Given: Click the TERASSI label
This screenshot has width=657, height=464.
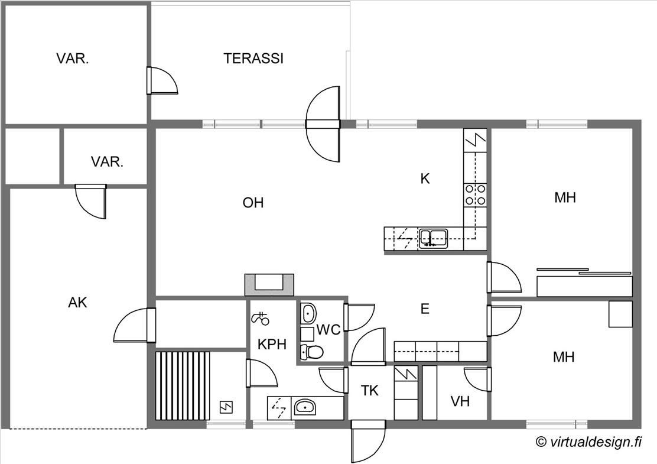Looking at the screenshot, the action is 253,59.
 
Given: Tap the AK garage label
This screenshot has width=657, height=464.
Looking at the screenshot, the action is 77,302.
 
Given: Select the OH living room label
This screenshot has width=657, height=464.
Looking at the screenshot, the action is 253,203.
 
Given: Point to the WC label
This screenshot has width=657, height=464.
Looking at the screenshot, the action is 328,330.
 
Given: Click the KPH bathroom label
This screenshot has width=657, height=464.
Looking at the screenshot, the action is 272,345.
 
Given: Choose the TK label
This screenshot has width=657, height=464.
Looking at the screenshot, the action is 370,391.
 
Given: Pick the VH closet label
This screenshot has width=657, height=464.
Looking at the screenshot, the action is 460,401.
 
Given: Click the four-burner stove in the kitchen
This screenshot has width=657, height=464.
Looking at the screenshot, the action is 475,195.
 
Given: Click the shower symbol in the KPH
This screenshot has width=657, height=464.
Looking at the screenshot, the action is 260,319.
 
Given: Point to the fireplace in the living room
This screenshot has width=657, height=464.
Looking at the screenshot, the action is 269,285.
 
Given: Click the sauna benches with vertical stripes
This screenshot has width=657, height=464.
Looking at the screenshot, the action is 182,385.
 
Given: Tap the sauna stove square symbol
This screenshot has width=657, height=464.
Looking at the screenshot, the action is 226,407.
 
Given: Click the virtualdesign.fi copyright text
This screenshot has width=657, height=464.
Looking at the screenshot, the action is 588,442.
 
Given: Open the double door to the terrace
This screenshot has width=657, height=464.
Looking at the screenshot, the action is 323,124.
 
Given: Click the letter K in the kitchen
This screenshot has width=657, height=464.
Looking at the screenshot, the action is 425,179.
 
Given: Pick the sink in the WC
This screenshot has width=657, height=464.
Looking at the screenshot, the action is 308,313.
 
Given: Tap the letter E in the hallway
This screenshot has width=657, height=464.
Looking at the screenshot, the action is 425,309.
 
